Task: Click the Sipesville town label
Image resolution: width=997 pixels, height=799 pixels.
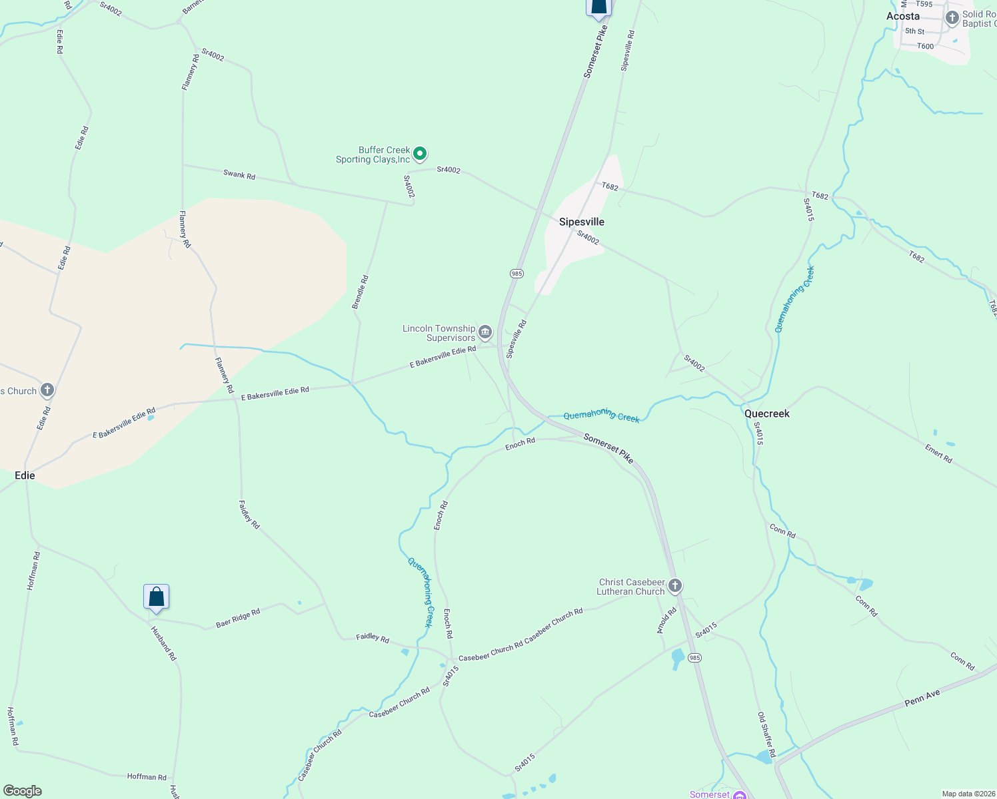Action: [x=582, y=222]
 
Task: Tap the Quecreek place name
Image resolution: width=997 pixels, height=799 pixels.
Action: [x=766, y=413]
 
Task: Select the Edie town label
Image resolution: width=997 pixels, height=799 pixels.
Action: [x=25, y=475]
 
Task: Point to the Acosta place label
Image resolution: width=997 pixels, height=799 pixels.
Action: [x=902, y=16]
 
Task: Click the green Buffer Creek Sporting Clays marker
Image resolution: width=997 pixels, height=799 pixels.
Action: [x=420, y=154]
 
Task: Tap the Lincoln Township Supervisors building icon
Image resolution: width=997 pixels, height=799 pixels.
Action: [x=485, y=332]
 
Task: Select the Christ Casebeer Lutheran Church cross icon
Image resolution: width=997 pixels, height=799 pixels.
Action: [x=675, y=586]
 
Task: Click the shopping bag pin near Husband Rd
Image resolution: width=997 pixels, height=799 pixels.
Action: [x=156, y=597]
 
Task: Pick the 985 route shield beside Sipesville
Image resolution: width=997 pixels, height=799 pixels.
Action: [x=516, y=274]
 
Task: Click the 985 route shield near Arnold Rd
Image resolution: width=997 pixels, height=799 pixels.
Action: [x=694, y=658]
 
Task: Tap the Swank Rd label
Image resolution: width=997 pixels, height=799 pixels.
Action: [x=239, y=175]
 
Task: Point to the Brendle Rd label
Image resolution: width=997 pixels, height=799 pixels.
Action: [x=360, y=292]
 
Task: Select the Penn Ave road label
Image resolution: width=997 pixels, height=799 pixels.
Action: [x=922, y=698]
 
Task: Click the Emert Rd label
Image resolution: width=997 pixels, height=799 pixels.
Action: [x=938, y=453]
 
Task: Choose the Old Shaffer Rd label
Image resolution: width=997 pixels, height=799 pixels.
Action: [x=766, y=735]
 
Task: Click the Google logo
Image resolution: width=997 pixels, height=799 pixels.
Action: [x=22, y=791]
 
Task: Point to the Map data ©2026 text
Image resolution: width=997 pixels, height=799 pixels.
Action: [x=967, y=794]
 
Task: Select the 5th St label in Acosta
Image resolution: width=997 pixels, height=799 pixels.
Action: [x=914, y=31]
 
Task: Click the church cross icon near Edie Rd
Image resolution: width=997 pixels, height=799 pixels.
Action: [x=47, y=390]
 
